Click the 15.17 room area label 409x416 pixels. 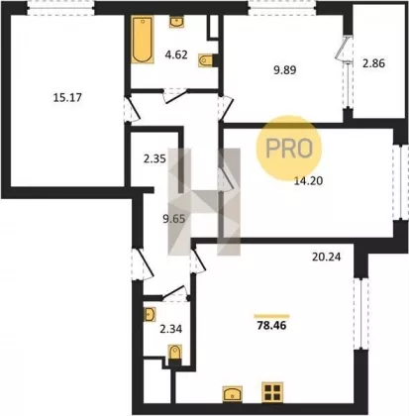(67, 98)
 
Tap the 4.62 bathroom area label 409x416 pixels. (176, 54)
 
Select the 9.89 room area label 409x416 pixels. (284, 70)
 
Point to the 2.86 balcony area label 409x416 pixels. (373, 63)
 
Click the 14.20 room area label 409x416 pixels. (308, 181)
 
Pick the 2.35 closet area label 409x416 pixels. (154, 159)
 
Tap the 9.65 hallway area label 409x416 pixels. (174, 219)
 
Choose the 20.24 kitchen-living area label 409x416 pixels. (327, 257)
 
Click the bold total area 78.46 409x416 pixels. (271, 326)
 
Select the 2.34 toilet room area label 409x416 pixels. (170, 329)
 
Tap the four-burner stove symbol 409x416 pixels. (272, 392)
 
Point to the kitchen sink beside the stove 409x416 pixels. (233, 394)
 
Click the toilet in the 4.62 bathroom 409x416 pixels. (207, 60)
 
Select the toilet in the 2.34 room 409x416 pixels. (174, 355)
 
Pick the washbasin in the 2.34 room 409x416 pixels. (150, 314)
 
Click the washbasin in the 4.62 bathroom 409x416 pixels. (177, 22)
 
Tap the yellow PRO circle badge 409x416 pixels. (289, 149)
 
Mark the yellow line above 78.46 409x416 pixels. (271, 316)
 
